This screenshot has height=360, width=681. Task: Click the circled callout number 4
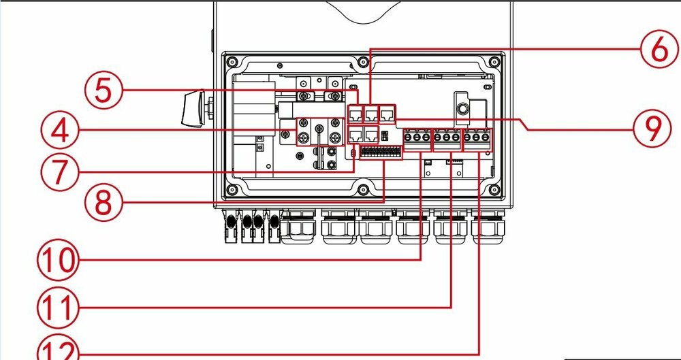click(x=60, y=130)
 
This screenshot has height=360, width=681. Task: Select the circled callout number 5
click(x=103, y=91)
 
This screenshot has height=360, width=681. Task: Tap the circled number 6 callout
click(x=659, y=49)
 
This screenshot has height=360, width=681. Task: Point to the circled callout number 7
click(x=60, y=171)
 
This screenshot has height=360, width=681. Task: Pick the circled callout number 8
click(x=103, y=202)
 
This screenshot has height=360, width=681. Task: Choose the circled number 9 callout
click(x=652, y=129)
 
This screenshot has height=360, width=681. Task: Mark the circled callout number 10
click(x=57, y=260)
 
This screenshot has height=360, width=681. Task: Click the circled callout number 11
click(x=57, y=308)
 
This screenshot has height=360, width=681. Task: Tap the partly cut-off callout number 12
click(x=57, y=349)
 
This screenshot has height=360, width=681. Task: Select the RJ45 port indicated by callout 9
click(x=387, y=114)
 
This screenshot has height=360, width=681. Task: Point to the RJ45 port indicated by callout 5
click(x=356, y=114)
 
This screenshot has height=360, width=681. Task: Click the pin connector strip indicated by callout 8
click(x=381, y=152)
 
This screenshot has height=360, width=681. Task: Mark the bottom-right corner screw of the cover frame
click(x=494, y=190)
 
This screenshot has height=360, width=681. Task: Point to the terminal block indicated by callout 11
click(x=447, y=139)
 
